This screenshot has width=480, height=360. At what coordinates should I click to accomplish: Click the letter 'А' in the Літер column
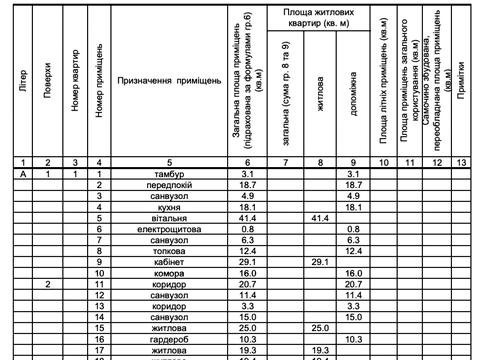click(x=22, y=175)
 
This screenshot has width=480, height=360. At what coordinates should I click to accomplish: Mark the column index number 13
click(x=460, y=162)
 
